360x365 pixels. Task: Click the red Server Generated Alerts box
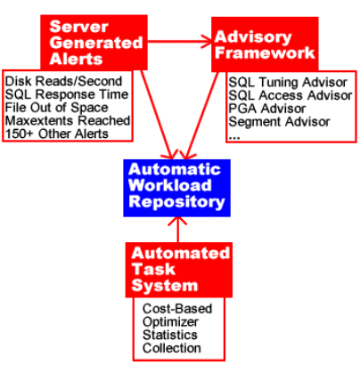(x=94, y=43)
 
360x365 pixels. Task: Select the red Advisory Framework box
(x=265, y=45)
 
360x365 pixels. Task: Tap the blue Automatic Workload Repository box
(x=176, y=188)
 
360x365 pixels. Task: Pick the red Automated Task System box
(x=179, y=270)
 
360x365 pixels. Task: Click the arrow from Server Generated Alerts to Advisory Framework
(x=179, y=42)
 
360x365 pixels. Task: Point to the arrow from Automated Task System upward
(x=177, y=230)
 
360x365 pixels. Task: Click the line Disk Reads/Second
(x=63, y=81)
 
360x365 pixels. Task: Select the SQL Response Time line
(x=67, y=94)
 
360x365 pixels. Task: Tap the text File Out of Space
(x=57, y=108)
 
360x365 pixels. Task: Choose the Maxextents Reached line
(x=68, y=120)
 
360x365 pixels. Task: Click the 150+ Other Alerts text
(x=57, y=134)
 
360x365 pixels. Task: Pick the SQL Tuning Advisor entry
(x=288, y=82)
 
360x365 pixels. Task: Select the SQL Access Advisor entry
(x=290, y=95)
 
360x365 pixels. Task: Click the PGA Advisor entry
(x=266, y=109)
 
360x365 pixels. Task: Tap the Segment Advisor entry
(x=279, y=122)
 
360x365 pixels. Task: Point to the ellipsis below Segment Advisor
(x=234, y=138)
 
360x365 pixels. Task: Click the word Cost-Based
(x=177, y=309)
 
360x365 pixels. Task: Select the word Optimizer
(x=170, y=322)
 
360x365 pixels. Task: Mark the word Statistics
(x=170, y=335)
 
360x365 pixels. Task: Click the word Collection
(x=172, y=348)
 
